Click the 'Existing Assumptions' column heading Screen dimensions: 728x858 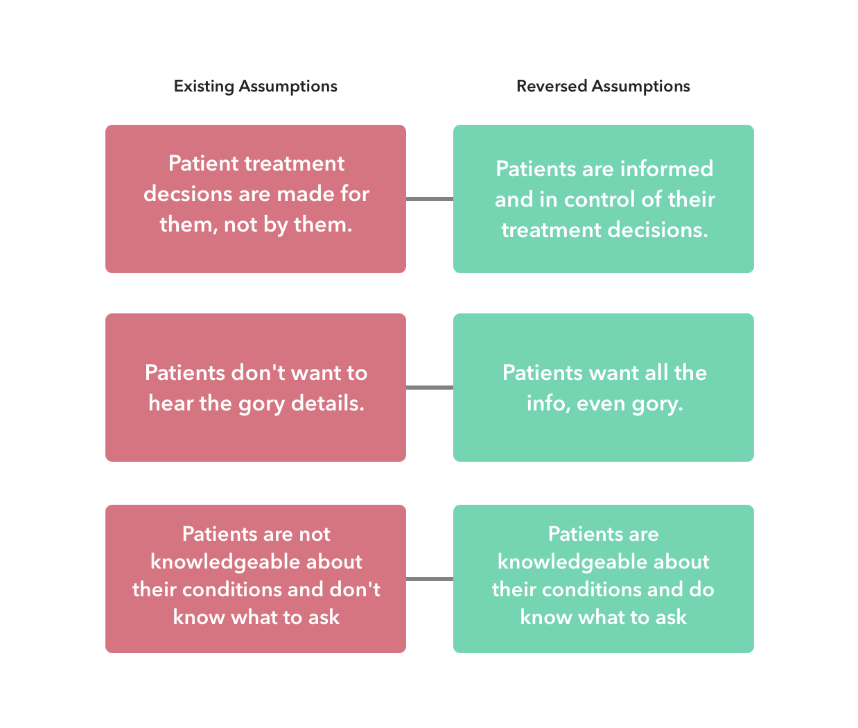tap(255, 86)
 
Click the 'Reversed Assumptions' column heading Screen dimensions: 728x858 tap(603, 86)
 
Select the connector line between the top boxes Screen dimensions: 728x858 tap(429, 199)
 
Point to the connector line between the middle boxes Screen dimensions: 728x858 tap(429, 388)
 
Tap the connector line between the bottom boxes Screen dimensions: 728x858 tap(429, 579)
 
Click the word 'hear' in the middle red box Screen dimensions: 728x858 tap(166, 404)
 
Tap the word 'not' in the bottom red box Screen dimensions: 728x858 tap(314, 535)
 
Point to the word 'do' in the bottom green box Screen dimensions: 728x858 tap(701, 589)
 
